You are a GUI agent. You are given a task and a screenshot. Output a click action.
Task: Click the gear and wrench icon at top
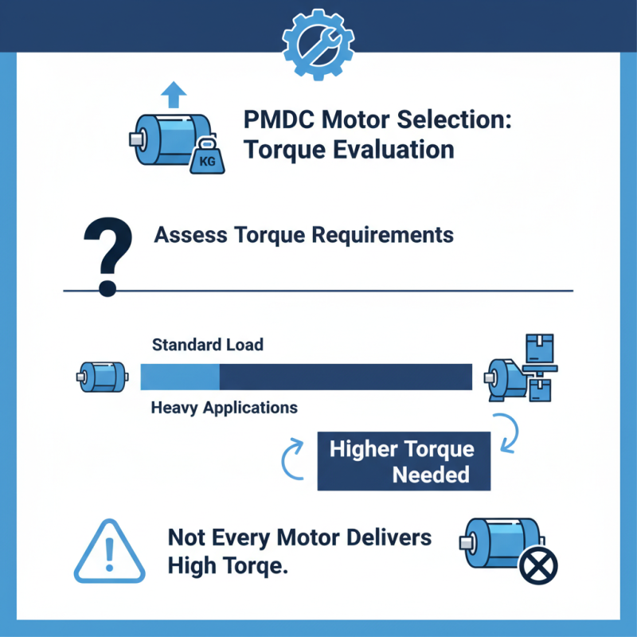318,37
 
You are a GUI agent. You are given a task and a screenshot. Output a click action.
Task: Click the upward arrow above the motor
172,96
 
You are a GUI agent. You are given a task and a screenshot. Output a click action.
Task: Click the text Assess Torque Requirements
303,235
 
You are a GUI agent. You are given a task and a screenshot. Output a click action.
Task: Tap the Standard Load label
207,346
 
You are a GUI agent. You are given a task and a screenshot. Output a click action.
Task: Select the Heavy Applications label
224,408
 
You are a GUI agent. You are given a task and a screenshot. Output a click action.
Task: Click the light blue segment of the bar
180,376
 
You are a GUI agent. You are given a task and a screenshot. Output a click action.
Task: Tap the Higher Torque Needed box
403,461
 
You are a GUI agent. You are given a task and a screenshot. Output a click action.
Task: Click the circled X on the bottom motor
537,566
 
